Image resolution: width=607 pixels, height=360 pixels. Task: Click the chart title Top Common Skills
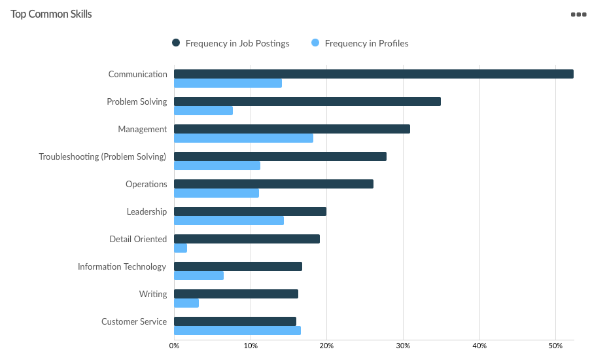pos(51,14)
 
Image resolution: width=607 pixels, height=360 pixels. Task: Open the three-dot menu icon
pos(578,14)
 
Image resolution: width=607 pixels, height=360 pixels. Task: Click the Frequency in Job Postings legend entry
pos(230,43)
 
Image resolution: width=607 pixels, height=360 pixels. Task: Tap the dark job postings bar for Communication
pos(373,74)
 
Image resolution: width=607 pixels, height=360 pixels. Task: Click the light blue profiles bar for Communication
pos(228,83)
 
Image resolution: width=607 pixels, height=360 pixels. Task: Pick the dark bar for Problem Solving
pos(307,101)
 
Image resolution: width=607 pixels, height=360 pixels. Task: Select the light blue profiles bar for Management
pos(243,138)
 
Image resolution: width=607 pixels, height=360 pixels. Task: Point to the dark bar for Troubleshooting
pos(280,156)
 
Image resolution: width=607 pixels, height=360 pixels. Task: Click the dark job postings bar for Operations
pos(273,184)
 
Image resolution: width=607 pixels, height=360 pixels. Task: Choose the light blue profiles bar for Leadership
pos(229,221)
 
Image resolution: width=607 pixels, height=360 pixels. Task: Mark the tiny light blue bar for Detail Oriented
pos(181,248)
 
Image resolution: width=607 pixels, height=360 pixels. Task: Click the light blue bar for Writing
pos(186,303)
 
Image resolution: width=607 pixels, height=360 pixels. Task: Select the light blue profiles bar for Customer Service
pos(237,331)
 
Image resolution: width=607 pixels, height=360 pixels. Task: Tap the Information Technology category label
pos(122,266)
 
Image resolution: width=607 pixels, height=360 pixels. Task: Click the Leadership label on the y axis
pos(147,211)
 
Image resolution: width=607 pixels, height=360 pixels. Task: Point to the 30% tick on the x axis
pos(403,346)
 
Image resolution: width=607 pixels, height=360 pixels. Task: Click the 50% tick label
pos(555,346)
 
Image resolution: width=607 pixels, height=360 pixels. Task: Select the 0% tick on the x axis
pos(174,346)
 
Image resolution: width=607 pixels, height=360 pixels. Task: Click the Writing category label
pos(153,294)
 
